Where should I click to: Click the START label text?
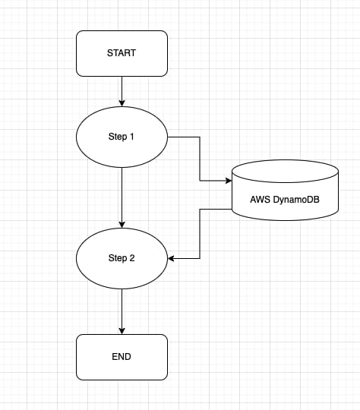pyautogui.click(x=122, y=53)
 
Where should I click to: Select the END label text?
pyautogui.click(x=122, y=357)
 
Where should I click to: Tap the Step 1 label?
pyautogui.click(x=121, y=137)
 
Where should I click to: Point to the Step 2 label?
pyautogui.click(x=122, y=258)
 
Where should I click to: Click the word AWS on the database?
pyautogui.click(x=261, y=200)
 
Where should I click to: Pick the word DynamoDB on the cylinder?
pyautogui.click(x=296, y=200)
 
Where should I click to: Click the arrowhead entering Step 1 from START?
pyautogui.click(x=122, y=102)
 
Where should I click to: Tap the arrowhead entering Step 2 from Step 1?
pyautogui.click(x=122, y=224)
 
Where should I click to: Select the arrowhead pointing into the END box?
pyautogui.click(x=122, y=331)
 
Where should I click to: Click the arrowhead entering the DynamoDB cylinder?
pyautogui.click(x=229, y=181)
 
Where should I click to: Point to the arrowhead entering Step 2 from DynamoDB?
pyautogui.click(x=171, y=259)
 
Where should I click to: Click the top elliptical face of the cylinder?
pyautogui.click(x=285, y=172)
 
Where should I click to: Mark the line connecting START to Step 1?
pyautogui.click(x=122, y=91)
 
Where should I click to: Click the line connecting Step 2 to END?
pyautogui.click(x=122, y=312)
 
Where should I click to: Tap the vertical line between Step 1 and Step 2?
pyautogui.click(x=122, y=197)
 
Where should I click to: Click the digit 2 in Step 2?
pyautogui.click(x=132, y=258)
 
